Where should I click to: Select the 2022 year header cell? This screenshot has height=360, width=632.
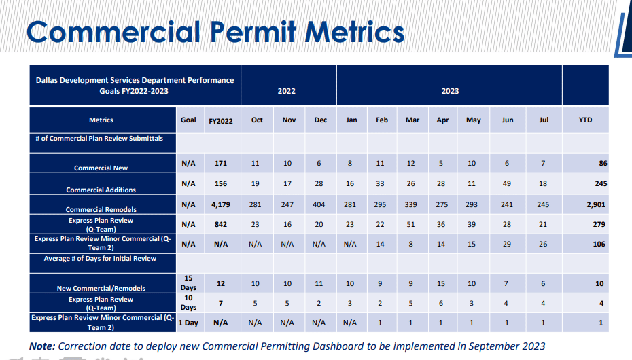(x=287, y=91)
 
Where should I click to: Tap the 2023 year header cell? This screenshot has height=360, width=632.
(x=450, y=91)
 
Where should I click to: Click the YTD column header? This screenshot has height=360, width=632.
(x=585, y=120)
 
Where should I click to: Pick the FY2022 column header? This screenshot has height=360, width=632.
(x=221, y=121)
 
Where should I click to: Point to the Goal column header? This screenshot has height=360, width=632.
(x=188, y=120)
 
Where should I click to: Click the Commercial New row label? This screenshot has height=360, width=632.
(x=101, y=168)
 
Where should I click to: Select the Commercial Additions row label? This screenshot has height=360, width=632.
(x=101, y=190)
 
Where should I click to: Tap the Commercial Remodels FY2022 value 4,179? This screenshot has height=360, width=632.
(x=220, y=204)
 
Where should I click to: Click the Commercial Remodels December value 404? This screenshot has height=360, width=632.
(x=321, y=204)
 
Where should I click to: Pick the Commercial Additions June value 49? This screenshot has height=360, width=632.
(x=507, y=183)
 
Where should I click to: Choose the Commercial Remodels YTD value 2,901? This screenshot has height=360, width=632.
(x=595, y=204)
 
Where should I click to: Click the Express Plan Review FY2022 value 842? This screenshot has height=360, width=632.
(x=220, y=224)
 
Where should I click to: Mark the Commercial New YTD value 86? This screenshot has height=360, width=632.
(x=603, y=164)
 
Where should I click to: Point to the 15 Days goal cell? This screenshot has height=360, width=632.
(x=188, y=283)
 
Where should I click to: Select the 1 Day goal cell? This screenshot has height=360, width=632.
(x=188, y=323)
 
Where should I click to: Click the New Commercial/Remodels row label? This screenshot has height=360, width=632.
(x=101, y=289)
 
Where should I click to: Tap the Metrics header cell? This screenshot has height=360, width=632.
(x=101, y=120)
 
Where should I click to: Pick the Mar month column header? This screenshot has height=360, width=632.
(x=412, y=120)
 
